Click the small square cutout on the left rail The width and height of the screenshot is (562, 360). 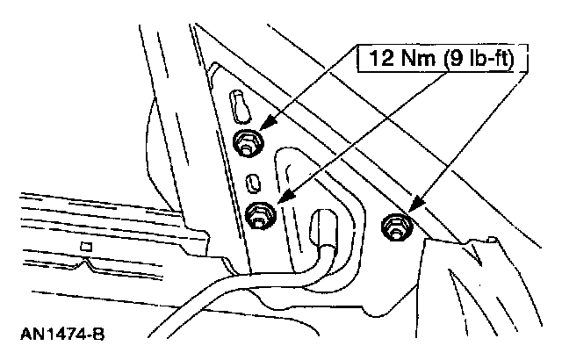coord(86,248)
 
